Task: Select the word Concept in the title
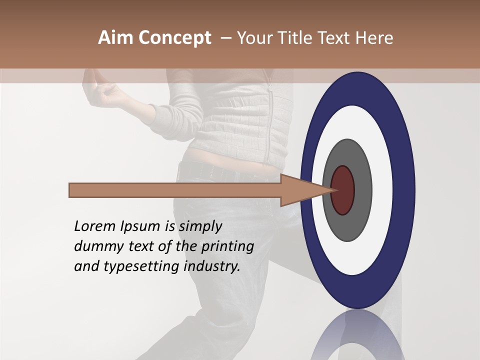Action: tap(174, 38)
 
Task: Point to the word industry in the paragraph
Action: tap(212, 266)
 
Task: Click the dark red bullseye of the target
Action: tap(343, 190)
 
